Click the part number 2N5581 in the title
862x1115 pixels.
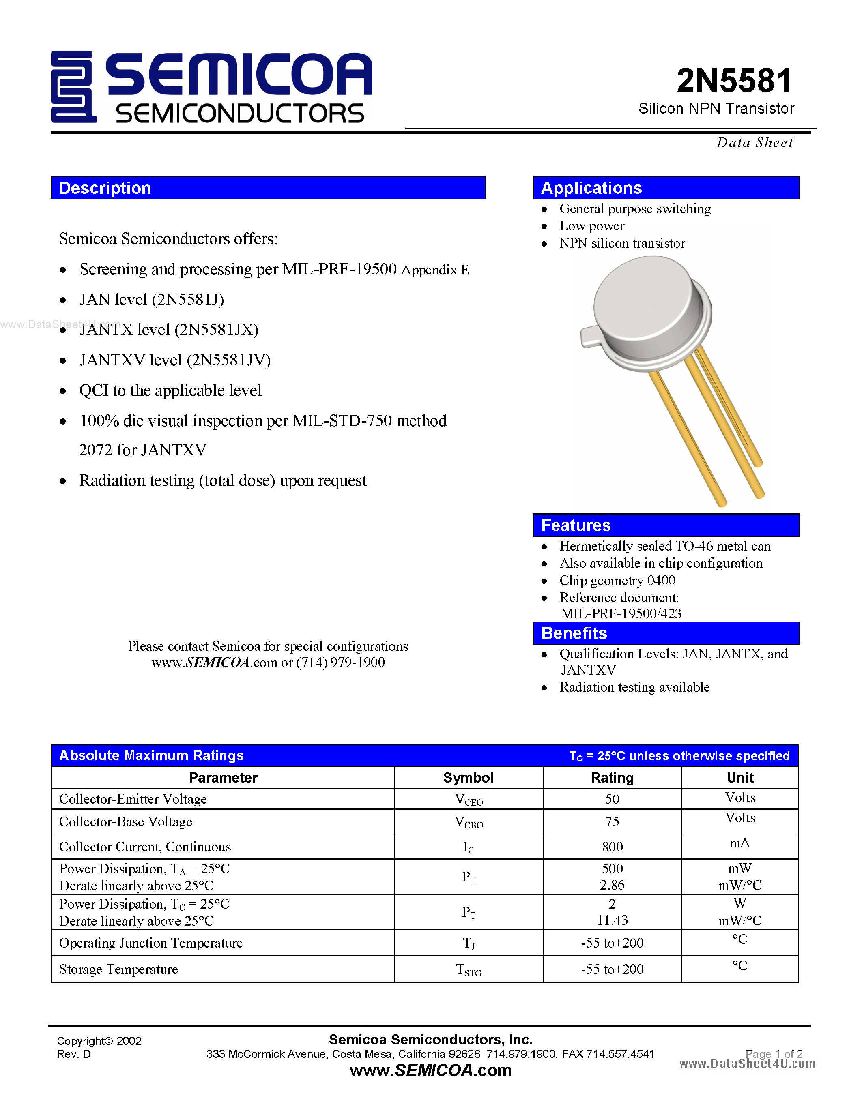click(x=734, y=81)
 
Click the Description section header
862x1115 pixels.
click(x=268, y=188)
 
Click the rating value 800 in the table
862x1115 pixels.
click(x=612, y=847)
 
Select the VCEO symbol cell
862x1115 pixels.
click(x=468, y=800)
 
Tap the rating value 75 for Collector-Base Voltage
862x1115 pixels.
click(x=612, y=821)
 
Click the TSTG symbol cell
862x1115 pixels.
click(x=468, y=969)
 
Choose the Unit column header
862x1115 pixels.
click(x=740, y=778)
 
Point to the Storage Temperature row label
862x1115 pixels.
click(x=118, y=969)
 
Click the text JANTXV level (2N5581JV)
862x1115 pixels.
click(x=175, y=360)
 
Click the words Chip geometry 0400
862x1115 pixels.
click(x=617, y=581)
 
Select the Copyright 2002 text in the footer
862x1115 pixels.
click(x=99, y=1040)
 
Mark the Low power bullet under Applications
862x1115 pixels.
click(x=591, y=226)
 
